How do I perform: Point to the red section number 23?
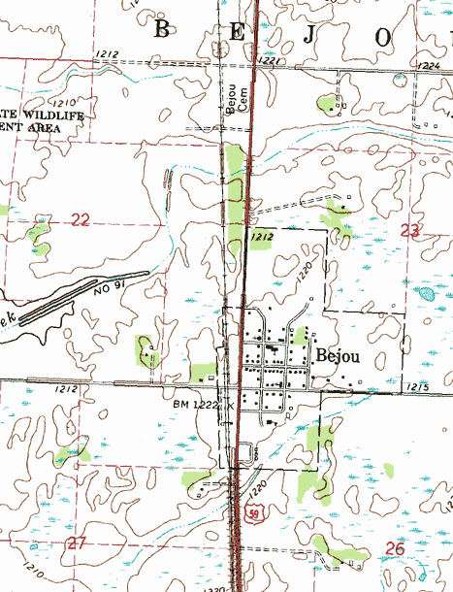point(411,230)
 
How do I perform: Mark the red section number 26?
point(395,548)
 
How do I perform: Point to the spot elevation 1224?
point(430,65)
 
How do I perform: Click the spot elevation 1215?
point(417,387)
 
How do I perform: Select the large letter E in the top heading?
point(239,32)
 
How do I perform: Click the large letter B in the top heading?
point(162,30)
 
